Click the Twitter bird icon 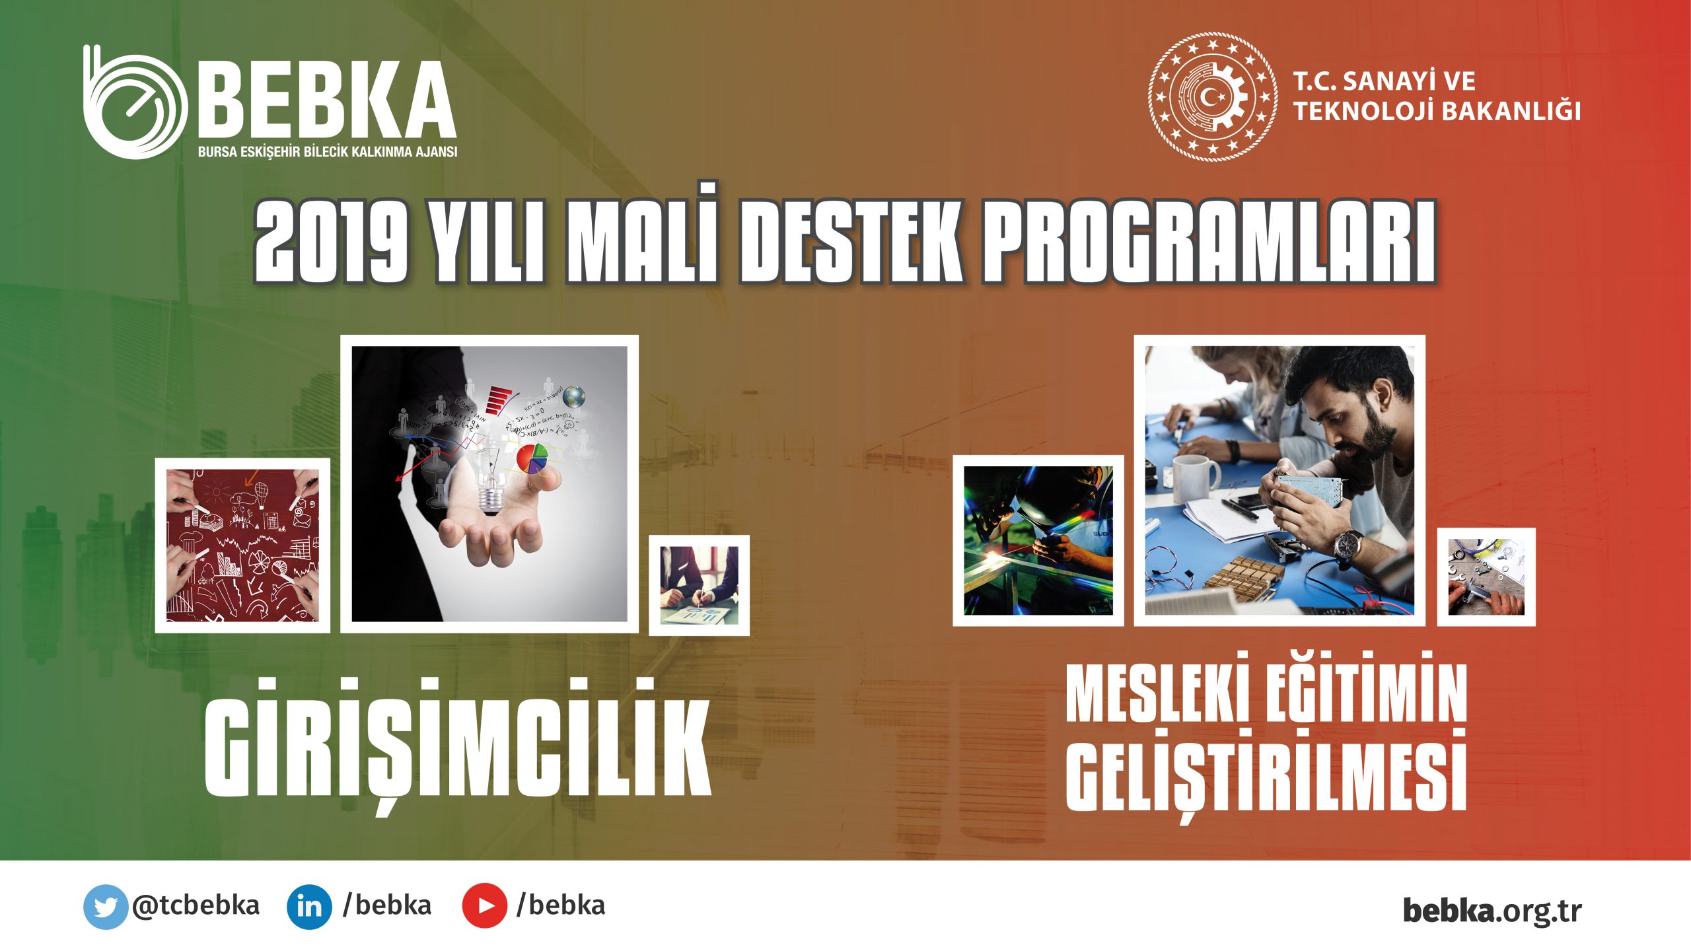105,906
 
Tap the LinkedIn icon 309,906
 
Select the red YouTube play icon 484,906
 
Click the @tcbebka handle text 196,905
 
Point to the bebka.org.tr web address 1492,910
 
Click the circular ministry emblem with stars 1212,97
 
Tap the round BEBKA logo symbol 135,102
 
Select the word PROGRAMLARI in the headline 1209,242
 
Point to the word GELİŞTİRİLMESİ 1266,772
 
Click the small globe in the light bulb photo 574,396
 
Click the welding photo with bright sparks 1038,540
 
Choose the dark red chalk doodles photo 242,546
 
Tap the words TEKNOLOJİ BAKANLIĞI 1437,111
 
